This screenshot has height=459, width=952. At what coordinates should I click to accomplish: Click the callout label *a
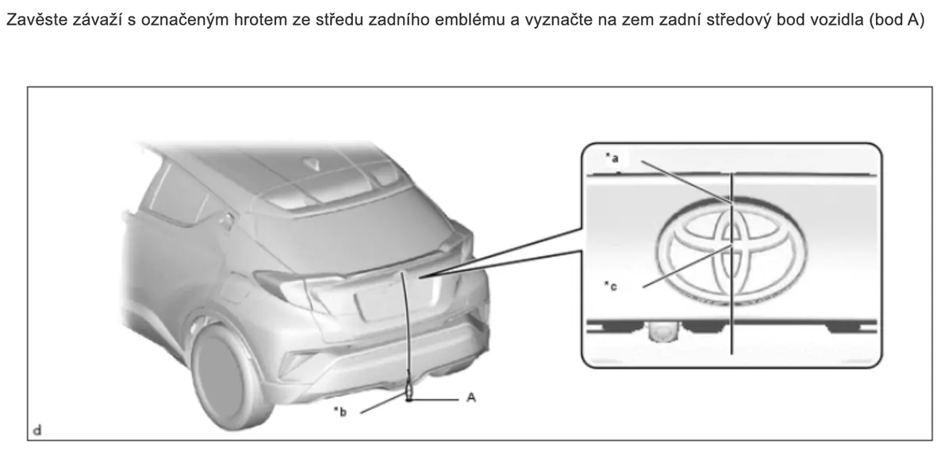pyautogui.click(x=612, y=158)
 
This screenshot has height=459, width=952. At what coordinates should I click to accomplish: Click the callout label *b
pyautogui.click(x=340, y=411)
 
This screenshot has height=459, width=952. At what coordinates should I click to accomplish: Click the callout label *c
pyautogui.click(x=611, y=287)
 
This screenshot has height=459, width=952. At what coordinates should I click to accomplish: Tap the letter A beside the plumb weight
pyautogui.click(x=471, y=397)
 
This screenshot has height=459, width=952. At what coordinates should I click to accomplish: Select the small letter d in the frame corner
pyautogui.click(x=37, y=430)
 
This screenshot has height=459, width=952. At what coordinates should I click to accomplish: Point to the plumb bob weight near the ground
pyautogui.click(x=409, y=392)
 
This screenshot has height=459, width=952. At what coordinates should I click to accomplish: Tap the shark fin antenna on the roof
pyautogui.click(x=315, y=164)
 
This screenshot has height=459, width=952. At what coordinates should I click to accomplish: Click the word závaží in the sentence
pyautogui.click(x=99, y=21)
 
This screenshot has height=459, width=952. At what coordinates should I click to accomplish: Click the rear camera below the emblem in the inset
pyautogui.click(x=659, y=332)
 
